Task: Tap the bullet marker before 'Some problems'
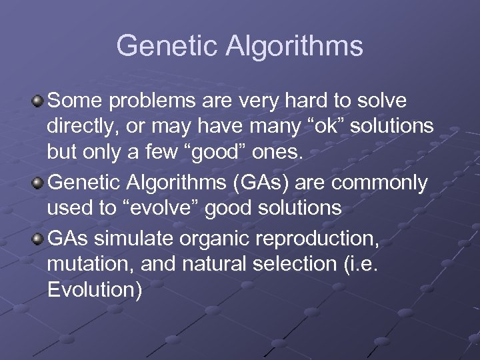(x=39, y=101)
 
